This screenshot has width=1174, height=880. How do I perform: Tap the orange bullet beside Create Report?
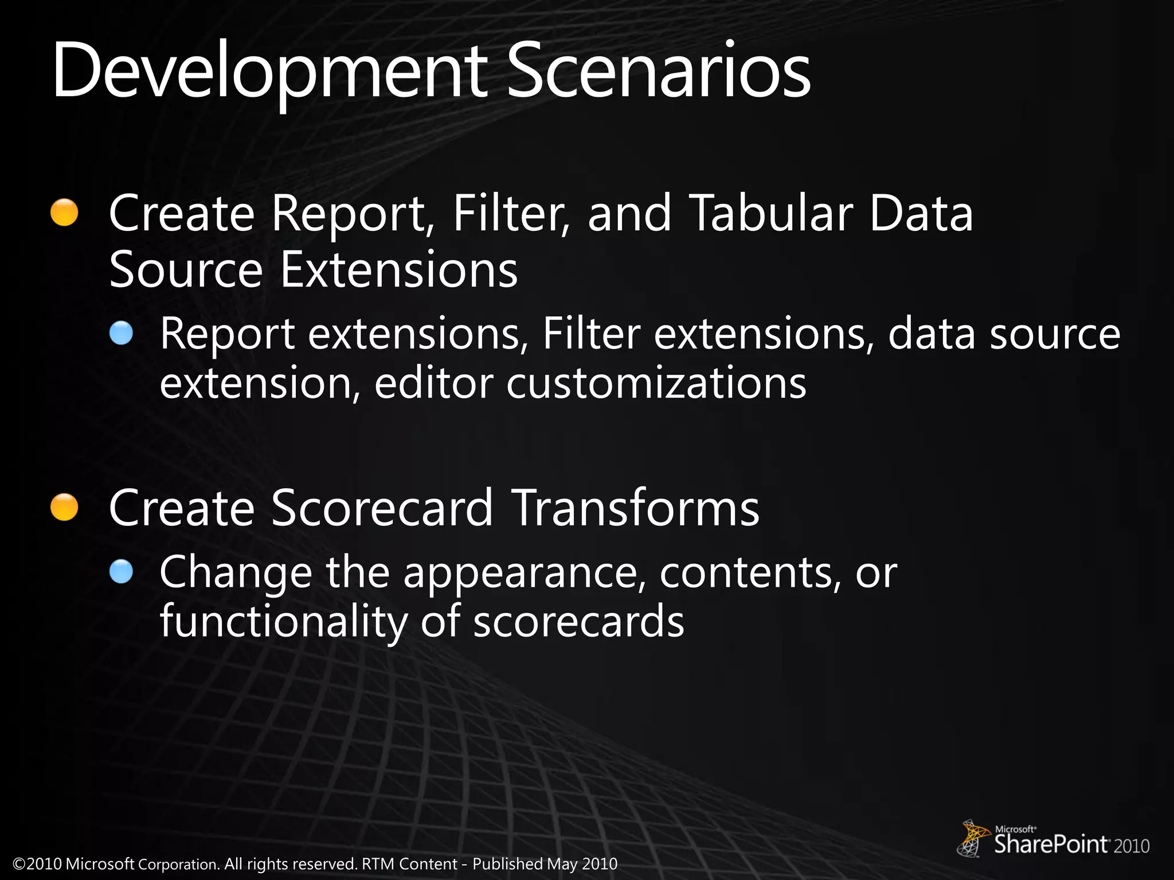64,213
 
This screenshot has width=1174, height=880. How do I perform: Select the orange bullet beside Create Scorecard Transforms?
64,508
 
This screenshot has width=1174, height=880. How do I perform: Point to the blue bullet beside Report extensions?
121,333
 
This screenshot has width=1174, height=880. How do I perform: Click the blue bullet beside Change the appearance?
121,571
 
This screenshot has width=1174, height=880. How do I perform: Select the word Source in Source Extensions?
186,269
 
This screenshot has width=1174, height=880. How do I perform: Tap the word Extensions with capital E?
399,269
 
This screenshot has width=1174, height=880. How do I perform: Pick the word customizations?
656,383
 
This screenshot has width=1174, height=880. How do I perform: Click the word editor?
433,383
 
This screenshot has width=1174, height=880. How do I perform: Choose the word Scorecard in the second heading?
381,508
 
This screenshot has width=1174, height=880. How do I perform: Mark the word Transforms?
635,508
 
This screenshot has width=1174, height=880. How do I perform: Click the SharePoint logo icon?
972,838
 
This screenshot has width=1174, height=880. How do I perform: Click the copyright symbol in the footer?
19,864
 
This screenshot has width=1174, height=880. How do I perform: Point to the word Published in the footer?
507,864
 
